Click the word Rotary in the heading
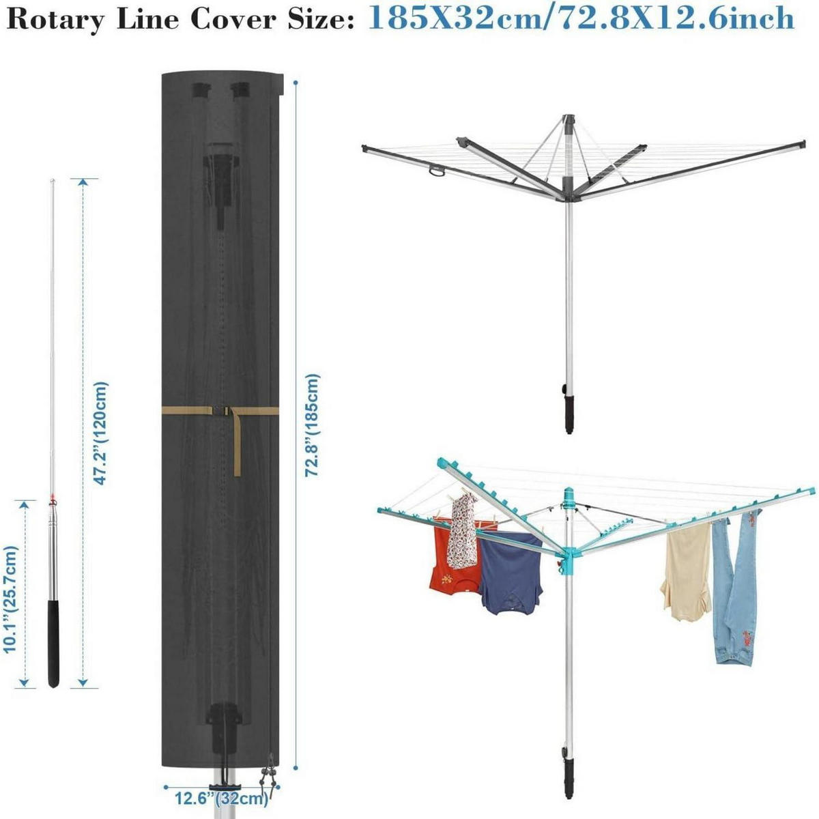(x=55, y=20)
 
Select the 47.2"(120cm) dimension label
(x=102, y=433)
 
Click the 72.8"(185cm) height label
(x=313, y=425)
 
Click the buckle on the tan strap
(x=222, y=412)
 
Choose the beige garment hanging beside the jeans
(x=685, y=572)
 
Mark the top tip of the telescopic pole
(x=53, y=180)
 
